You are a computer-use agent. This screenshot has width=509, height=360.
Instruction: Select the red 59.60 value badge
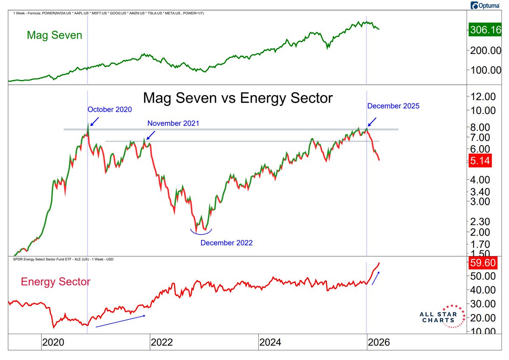[481, 263]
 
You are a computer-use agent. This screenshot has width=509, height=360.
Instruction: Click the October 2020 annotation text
[109, 110]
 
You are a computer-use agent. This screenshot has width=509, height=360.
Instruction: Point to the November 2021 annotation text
[173, 123]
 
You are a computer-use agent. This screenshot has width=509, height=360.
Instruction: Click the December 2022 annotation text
[227, 243]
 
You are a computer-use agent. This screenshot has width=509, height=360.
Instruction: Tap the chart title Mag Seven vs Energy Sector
[238, 98]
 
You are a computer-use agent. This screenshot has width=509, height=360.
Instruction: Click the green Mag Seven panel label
[54, 35]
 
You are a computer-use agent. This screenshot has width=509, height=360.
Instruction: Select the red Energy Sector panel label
[55, 281]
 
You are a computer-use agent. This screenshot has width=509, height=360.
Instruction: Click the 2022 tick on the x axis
[161, 342]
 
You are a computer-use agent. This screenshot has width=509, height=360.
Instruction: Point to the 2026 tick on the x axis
[378, 342]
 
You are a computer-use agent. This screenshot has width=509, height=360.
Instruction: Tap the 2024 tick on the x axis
[270, 342]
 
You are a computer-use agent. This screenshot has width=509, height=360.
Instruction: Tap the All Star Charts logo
[439, 316]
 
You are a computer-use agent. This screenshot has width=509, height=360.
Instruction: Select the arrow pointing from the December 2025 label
[372, 122]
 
